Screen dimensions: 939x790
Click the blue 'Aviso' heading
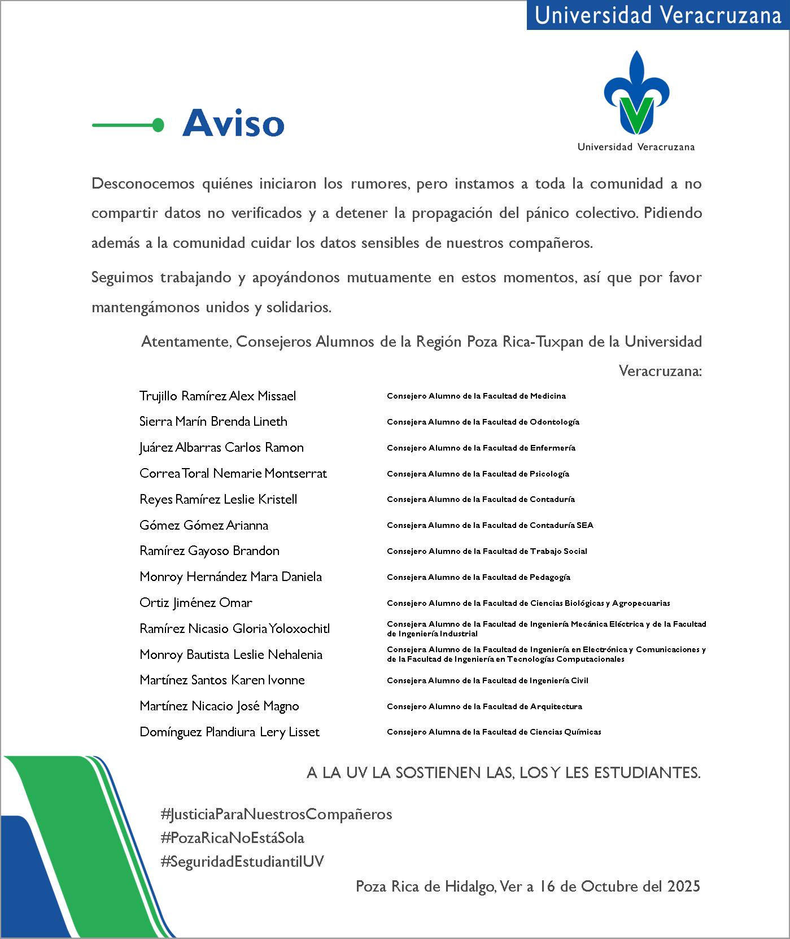233,123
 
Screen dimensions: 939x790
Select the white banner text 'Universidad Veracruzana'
658,15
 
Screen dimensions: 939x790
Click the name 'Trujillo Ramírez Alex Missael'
217,396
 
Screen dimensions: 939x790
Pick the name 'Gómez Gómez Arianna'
203,525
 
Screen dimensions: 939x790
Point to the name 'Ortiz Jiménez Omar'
195,602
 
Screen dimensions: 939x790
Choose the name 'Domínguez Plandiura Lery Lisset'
229,732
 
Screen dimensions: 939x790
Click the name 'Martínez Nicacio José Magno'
219,706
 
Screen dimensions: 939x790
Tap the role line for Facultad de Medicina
476,396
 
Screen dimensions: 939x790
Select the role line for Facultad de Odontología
483,422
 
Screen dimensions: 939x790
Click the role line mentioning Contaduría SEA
490,525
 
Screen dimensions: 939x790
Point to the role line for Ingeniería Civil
487,680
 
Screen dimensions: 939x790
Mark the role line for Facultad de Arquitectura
484,706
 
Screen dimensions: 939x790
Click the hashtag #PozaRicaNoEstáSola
232,837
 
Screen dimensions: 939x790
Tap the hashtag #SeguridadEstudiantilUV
242,861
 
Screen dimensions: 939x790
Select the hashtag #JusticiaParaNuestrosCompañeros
276,814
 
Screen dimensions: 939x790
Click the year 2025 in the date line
683,886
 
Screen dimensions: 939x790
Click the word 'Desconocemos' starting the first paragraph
143,184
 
